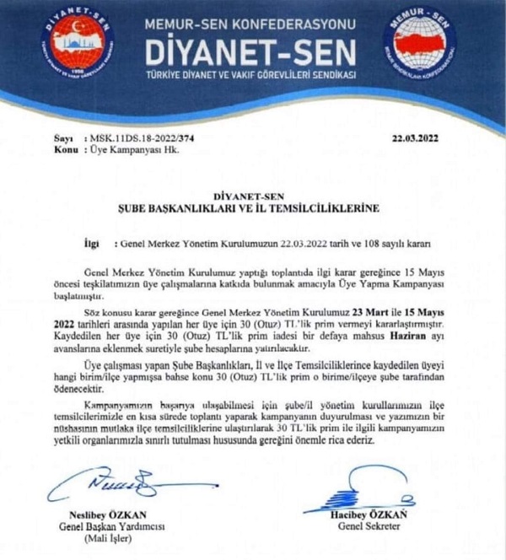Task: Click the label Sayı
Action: coord(62,135)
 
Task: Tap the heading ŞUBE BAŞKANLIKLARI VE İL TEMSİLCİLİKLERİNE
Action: coord(253,207)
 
